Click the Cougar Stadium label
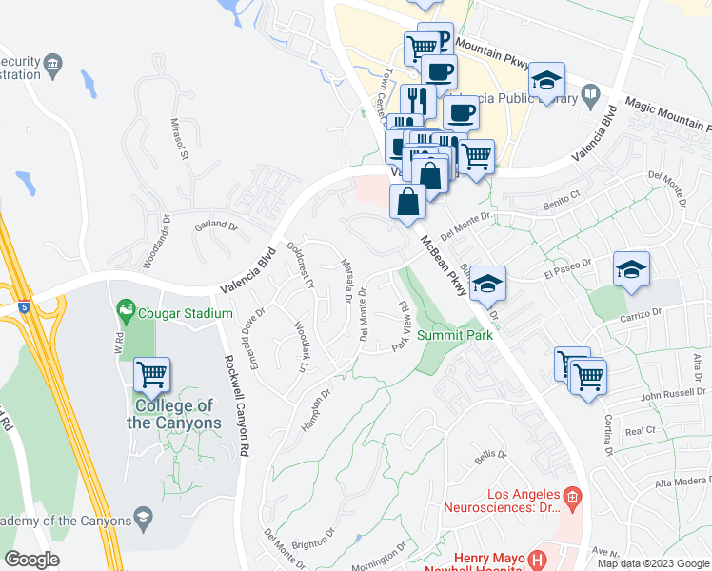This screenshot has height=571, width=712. click(x=187, y=313)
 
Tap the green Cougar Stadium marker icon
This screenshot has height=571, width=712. click(x=125, y=310)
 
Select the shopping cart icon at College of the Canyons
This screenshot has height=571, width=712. click(x=152, y=374)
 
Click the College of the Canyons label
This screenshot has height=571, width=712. click(x=174, y=415)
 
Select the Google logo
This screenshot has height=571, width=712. click(x=31, y=560)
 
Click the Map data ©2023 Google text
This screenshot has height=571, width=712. click(x=653, y=562)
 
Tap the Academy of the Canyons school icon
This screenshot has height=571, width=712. click(x=143, y=519)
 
